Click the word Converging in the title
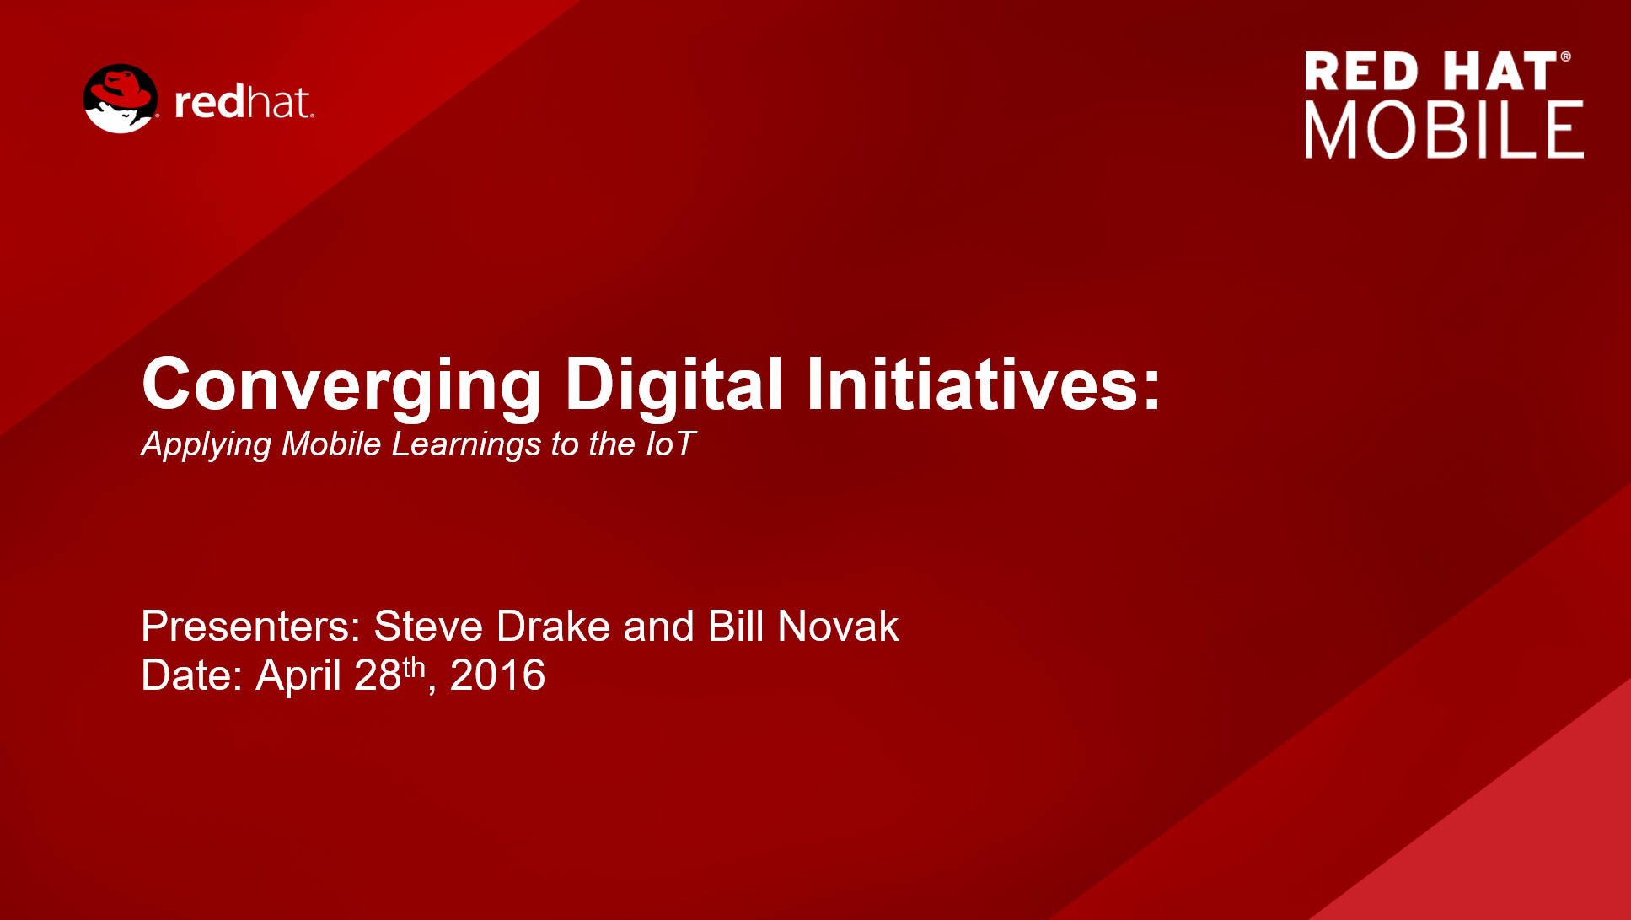341,386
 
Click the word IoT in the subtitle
671,444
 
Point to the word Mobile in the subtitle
331,444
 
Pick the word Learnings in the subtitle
466,444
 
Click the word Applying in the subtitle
207,444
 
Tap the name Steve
428,626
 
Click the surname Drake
553,626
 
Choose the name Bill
736,626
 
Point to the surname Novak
838,626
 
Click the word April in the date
298,675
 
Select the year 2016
497,675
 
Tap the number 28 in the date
378,675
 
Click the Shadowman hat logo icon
121,99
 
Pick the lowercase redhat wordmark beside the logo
244,102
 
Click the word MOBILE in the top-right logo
1444,130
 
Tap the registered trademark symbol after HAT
1565,57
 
